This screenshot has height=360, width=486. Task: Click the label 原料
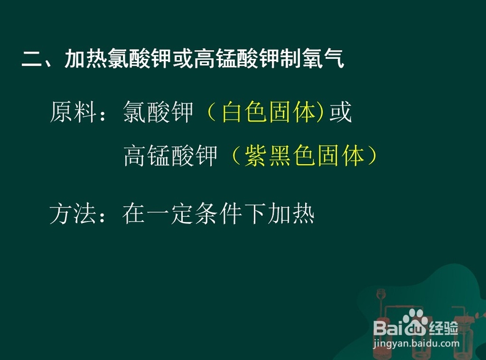click(73, 112)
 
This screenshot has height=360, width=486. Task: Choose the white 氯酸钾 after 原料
click(158, 112)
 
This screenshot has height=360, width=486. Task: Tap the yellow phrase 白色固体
click(269, 112)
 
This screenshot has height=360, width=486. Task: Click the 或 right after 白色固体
click(340, 112)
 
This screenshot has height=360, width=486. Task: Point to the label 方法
click(72, 214)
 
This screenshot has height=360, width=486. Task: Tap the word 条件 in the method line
click(219, 214)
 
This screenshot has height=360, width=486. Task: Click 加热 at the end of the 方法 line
click(291, 214)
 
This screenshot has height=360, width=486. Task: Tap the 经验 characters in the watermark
click(443, 328)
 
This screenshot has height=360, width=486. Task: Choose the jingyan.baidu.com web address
click(417, 343)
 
